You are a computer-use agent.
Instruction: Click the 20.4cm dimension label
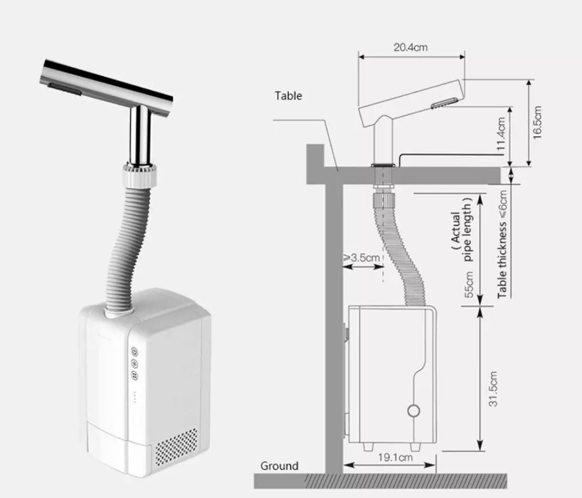pyautogui.click(x=410, y=47)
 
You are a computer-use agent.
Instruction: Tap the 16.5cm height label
pyautogui.click(x=537, y=122)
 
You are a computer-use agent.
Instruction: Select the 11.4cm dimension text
pyautogui.click(x=501, y=134)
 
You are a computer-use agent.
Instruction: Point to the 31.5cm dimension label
pyautogui.click(x=493, y=389)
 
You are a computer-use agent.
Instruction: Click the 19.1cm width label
pyautogui.click(x=395, y=457)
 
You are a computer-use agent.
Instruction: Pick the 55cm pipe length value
pyautogui.click(x=469, y=284)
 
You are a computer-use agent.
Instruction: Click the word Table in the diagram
pyautogui.click(x=288, y=96)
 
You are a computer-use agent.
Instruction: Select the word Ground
pyautogui.click(x=279, y=466)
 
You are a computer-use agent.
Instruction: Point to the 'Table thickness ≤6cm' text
pyautogui.click(x=502, y=244)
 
